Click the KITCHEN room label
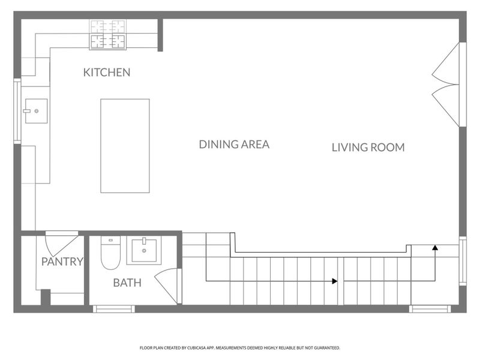107,73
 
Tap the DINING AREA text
234,144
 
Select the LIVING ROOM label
368,147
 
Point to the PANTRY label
62,262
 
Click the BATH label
127,282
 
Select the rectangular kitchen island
125,146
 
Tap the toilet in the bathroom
110,253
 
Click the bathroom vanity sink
144,251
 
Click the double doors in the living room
447,84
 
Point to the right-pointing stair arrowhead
334,281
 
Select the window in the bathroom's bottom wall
113,309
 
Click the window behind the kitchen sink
17,111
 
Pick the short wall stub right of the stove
160,35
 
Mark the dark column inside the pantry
45,298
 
